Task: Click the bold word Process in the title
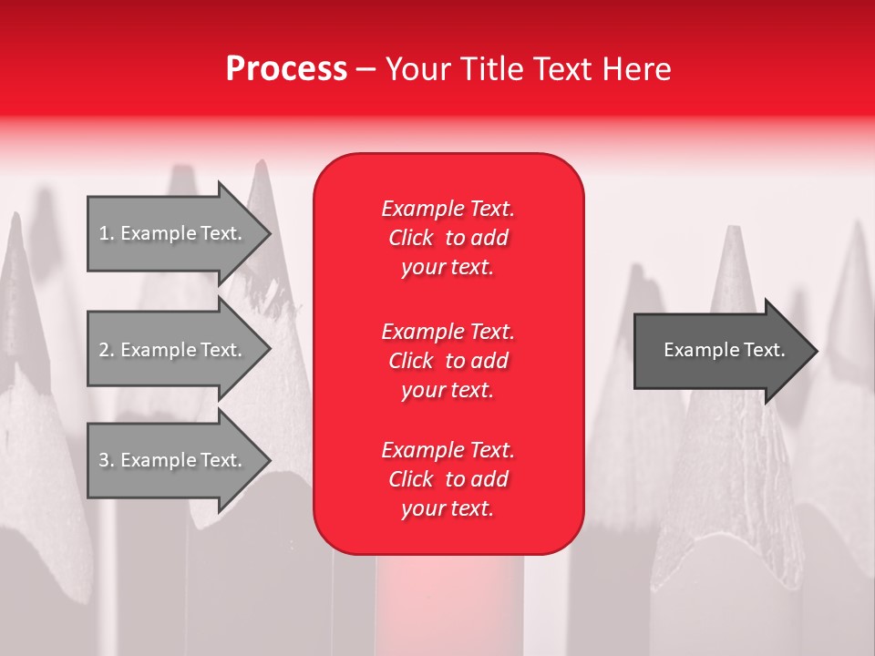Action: point(286,69)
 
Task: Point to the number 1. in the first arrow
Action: point(107,233)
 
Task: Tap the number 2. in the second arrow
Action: point(107,350)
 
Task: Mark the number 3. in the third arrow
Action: point(107,460)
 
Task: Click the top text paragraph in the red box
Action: point(448,238)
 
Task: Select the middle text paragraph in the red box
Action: point(448,361)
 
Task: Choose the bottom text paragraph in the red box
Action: point(448,479)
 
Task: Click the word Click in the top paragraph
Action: point(411,238)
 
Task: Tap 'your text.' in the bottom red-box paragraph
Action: point(448,508)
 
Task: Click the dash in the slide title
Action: point(365,69)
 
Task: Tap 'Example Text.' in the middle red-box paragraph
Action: point(448,332)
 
